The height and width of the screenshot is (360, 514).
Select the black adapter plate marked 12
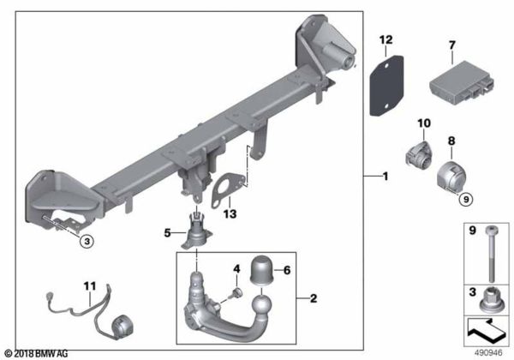(386, 86)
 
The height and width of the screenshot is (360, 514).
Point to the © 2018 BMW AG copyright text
(36, 352)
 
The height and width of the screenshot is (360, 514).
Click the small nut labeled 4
(231, 296)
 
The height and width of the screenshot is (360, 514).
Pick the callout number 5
(168, 231)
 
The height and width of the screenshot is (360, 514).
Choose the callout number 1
(386, 177)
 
